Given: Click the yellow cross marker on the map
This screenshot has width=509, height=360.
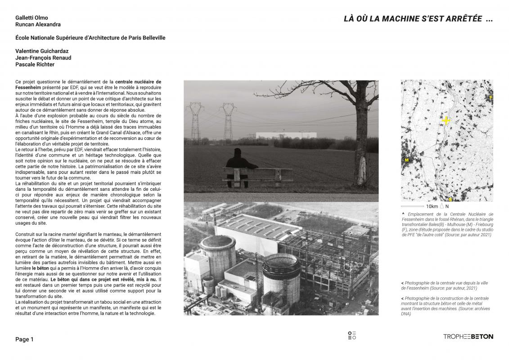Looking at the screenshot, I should [446, 120].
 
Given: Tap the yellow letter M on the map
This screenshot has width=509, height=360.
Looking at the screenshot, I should [406, 160].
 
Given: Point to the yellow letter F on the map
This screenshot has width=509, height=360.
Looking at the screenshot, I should [491, 97].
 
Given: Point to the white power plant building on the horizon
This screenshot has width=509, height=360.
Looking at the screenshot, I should [279, 135].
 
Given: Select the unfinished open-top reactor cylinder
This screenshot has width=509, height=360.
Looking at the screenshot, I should [281, 276].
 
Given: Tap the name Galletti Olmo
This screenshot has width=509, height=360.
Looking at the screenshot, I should [32, 18].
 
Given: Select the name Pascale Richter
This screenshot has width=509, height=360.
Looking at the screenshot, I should [35, 64].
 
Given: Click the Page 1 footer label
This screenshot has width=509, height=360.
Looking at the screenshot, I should [24, 339].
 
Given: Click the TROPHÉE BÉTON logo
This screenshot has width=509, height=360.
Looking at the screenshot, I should [468, 337].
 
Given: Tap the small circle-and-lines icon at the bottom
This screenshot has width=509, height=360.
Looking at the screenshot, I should [352, 336].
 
